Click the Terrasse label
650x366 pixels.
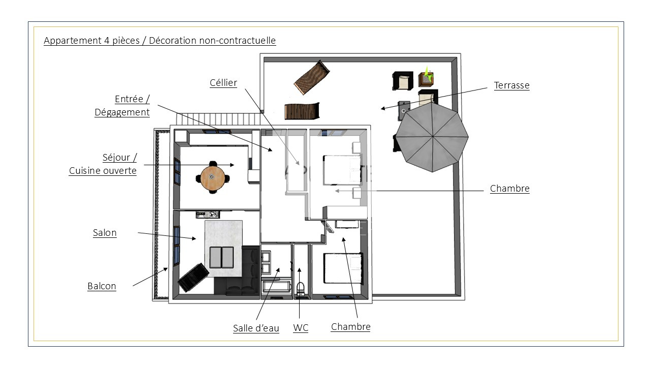click(x=511, y=85)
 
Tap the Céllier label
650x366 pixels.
click(x=223, y=82)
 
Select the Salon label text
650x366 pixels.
click(x=105, y=233)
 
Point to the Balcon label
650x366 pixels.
click(x=102, y=286)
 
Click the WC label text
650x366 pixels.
click(x=301, y=328)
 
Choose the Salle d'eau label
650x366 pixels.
click(x=256, y=328)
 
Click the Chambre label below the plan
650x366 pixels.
click(x=350, y=327)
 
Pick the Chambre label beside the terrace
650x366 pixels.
click(x=509, y=188)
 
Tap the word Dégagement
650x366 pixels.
click(x=122, y=112)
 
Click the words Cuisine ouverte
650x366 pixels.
click(x=103, y=170)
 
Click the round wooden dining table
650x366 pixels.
click(x=212, y=176)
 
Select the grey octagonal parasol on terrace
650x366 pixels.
click(x=432, y=137)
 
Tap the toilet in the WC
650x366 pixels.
click(x=300, y=289)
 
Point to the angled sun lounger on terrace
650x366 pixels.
click(x=312, y=77)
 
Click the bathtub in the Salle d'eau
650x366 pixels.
click(x=277, y=286)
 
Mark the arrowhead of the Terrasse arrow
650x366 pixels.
click(x=383, y=109)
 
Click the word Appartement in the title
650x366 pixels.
click(x=73, y=41)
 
